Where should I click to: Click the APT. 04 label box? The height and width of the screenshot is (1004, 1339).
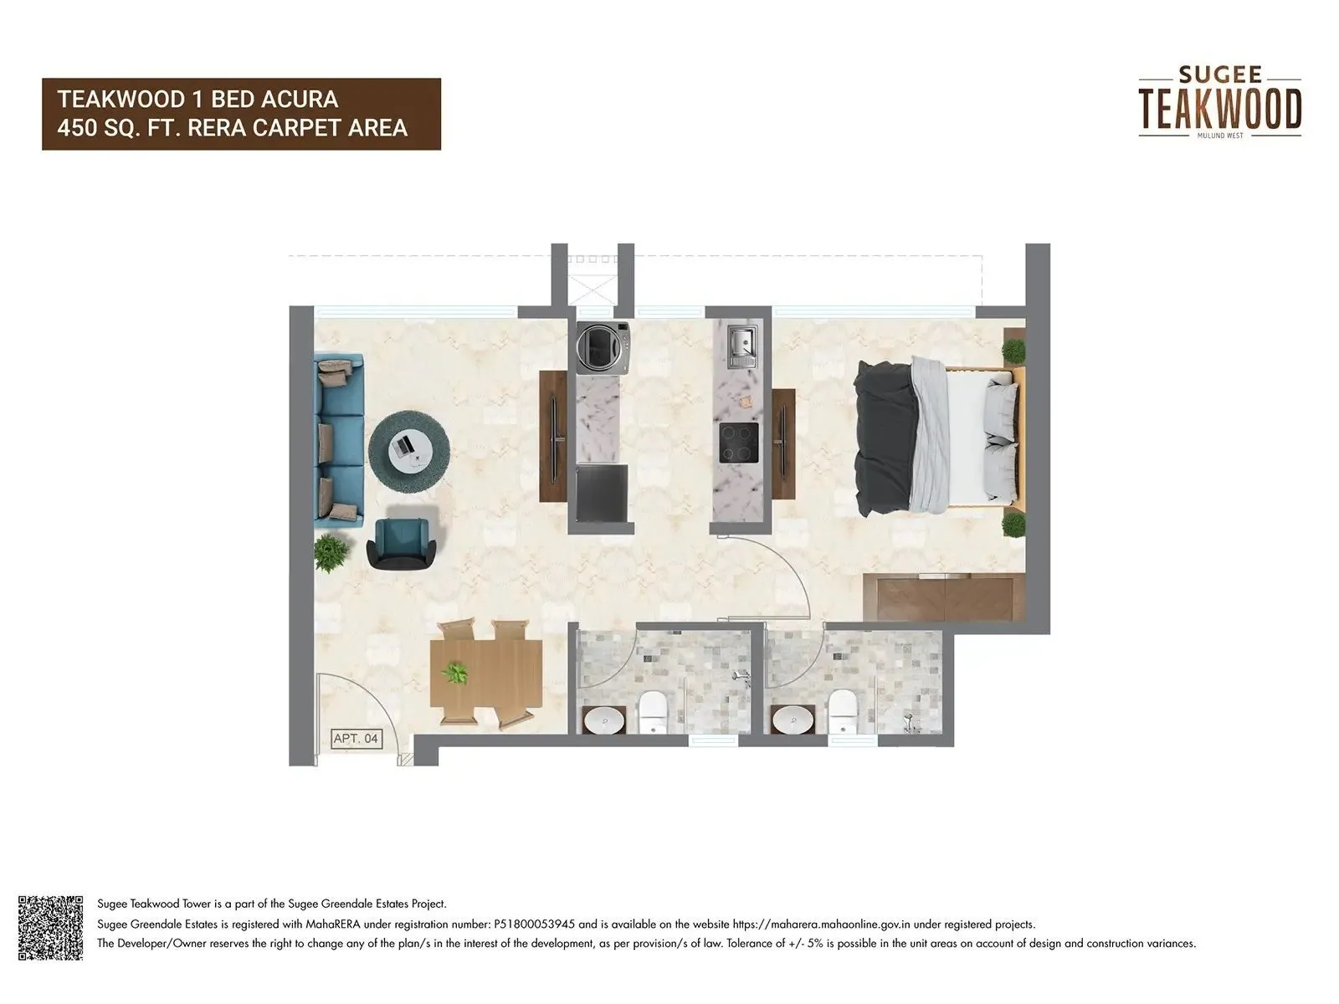[357, 739]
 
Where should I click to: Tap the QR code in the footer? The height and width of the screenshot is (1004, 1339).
[51, 927]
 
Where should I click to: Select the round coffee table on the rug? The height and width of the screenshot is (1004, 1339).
[410, 450]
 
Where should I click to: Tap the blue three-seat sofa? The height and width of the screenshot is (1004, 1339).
[338, 440]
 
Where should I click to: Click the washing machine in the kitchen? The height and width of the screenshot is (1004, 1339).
[602, 346]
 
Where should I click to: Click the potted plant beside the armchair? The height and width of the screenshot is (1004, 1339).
[332, 552]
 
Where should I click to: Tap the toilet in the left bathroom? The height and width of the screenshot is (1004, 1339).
[652, 713]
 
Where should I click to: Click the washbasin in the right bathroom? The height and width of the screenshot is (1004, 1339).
[792, 720]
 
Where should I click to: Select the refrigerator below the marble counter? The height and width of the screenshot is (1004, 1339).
[602, 494]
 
